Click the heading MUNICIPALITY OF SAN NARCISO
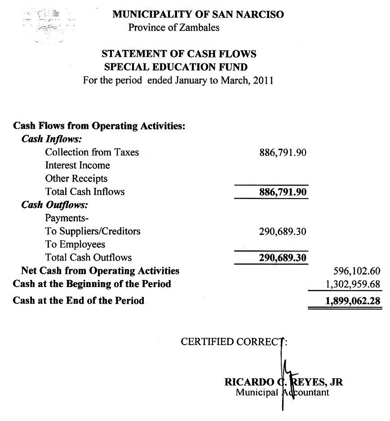tap(198, 14)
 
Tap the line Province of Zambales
tap(174, 27)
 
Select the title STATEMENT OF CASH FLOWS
tap(179, 54)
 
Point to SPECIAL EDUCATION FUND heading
tap(176, 67)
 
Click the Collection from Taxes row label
tap(92, 152)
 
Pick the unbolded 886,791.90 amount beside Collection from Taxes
tap(283, 153)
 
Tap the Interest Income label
tap(77, 165)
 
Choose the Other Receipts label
tap(76, 178)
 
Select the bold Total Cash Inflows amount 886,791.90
tap(283, 192)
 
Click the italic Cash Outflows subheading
tap(55, 205)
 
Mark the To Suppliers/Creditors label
tap(93, 231)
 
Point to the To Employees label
tap(75, 244)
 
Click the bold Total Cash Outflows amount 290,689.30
tap(283, 258)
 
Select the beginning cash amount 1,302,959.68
tap(353, 284)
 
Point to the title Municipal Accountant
tap(282, 392)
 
